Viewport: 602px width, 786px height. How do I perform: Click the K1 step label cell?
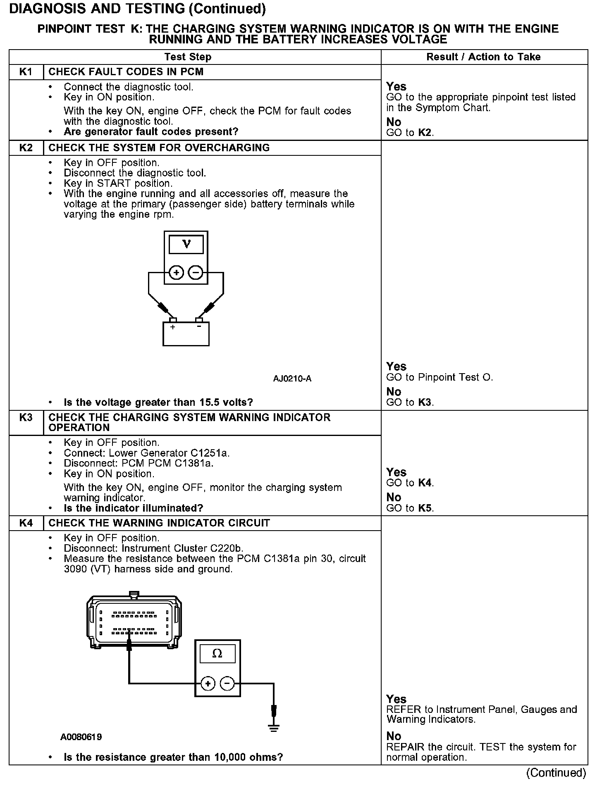tap(26, 72)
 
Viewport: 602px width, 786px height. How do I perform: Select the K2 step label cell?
tap(26, 148)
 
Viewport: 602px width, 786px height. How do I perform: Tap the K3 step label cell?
tap(26, 418)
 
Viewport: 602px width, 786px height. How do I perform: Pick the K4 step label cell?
tap(26, 523)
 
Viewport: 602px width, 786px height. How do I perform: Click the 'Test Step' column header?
tap(188, 57)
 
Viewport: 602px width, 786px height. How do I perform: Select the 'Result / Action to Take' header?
tap(483, 57)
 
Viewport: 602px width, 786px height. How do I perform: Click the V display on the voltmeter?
tap(186, 245)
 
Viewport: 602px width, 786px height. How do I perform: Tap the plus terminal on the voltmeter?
tap(176, 272)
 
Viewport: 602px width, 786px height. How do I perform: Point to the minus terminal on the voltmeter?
tap(196, 272)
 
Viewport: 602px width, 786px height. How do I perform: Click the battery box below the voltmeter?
tap(186, 334)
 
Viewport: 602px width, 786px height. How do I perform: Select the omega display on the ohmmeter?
tap(217, 654)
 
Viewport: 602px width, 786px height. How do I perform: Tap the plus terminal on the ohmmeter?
tap(208, 684)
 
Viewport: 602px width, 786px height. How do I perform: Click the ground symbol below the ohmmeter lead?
tap(273, 728)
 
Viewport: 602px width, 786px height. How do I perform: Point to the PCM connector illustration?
tap(134, 622)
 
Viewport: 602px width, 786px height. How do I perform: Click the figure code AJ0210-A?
tap(292, 379)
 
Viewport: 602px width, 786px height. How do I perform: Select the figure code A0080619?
tap(81, 737)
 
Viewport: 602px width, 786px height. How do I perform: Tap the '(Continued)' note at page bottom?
tap(556, 772)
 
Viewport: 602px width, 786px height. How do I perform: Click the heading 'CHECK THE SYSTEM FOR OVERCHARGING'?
tap(159, 148)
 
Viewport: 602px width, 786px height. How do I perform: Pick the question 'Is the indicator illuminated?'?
tap(133, 508)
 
